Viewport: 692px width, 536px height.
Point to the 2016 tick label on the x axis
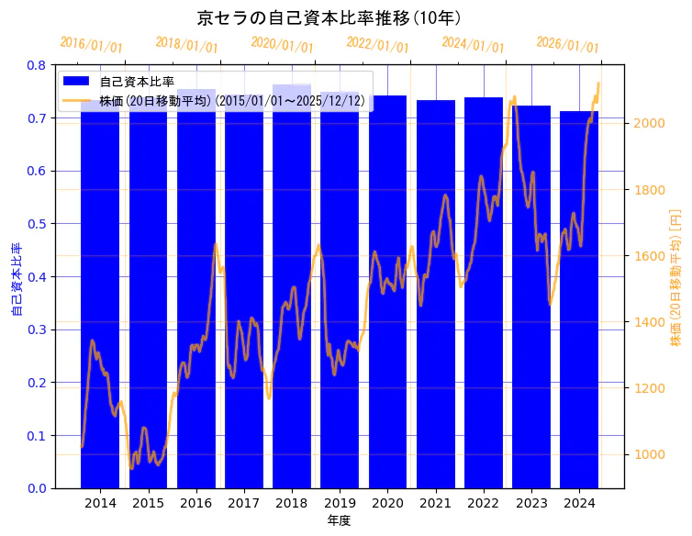click(x=195, y=503)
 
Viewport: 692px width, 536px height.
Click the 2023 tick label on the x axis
click(x=531, y=503)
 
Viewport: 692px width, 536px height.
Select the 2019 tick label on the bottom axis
click(x=340, y=503)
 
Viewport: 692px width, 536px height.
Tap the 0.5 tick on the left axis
click(x=36, y=224)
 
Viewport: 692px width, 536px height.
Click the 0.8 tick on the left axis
click(x=36, y=65)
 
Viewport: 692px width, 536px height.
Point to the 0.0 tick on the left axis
click(x=36, y=488)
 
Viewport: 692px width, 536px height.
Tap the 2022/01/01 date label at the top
click(x=377, y=44)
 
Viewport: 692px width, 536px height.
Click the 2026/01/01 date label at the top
click(x=567, y=44)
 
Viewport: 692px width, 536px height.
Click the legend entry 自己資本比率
click(x=137, y=83)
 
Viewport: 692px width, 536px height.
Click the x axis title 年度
click(x=339, y=520)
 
